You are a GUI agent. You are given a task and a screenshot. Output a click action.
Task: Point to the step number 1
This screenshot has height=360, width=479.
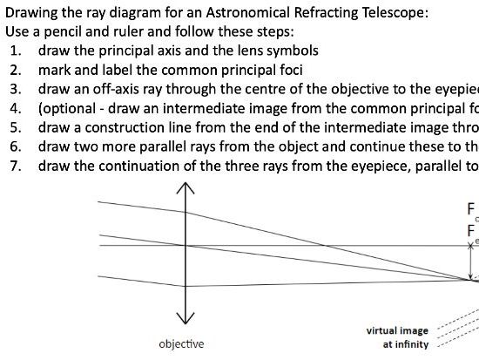(x=15, y=50)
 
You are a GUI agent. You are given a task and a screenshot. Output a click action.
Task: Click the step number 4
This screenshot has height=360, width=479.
(x=15, y=108)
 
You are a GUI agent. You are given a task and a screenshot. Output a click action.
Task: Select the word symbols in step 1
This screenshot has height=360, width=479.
(x=289, y=50)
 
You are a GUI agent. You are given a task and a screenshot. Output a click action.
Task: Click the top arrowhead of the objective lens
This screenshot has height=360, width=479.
(x=184, y=187)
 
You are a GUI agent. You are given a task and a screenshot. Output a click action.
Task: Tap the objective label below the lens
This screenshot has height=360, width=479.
(x=182, y=344)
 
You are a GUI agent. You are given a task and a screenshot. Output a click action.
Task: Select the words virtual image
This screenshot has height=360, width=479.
(x=397, y=331)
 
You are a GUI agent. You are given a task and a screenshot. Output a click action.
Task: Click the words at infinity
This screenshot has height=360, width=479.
(x=406, y=345)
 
